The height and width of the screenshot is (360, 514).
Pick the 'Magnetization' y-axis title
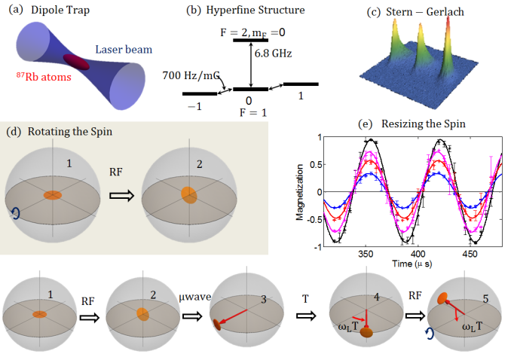[x=301, y=192]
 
